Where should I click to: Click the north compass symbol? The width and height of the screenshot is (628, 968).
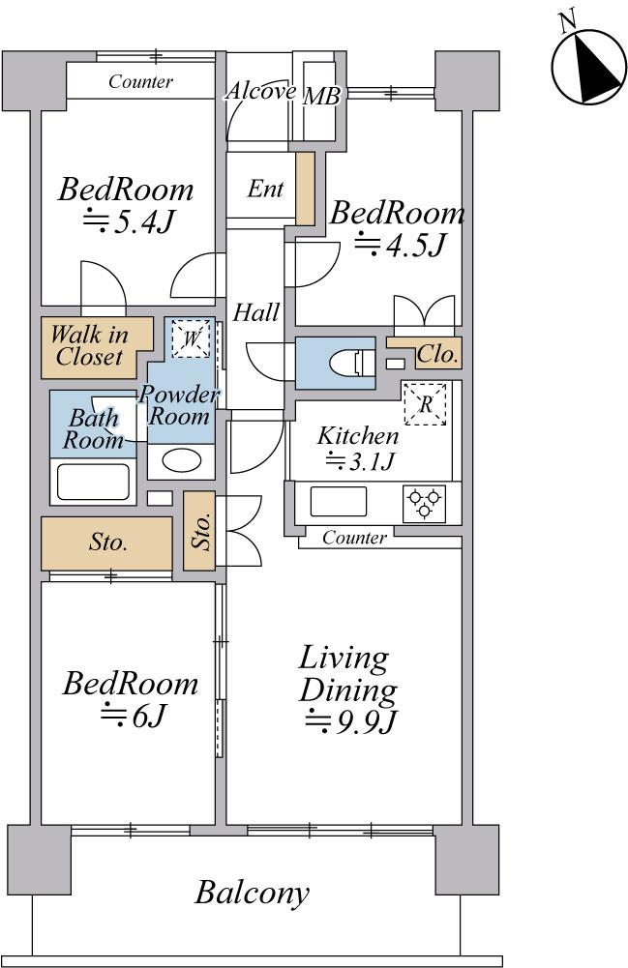[587, 66]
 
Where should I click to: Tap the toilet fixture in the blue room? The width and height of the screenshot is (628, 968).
[352, 363]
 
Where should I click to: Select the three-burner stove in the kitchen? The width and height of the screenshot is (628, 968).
[424, 504]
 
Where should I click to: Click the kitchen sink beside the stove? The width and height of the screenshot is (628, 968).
[339, 501]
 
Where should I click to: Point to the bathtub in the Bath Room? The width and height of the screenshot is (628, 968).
[93, 482]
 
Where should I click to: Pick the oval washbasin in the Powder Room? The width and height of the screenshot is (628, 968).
[181, 460]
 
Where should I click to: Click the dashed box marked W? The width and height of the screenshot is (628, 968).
[192, 338]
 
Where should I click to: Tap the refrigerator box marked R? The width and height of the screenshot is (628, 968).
[425, 404]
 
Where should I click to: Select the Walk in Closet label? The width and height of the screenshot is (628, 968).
[90, 346]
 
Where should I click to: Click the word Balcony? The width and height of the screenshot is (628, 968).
[252, 893]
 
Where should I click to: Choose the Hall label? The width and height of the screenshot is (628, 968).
[255, 312]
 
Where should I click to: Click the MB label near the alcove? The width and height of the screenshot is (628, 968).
[321, 97]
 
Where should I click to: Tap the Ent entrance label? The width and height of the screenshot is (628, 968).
[265, 189]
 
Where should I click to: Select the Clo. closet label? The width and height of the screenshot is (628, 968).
[437, 354]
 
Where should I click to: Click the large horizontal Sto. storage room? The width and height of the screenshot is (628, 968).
[106, 543]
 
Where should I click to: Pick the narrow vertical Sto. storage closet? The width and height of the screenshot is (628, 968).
[199, 531]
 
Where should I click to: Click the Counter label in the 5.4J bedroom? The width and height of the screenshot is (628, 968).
[140, 81]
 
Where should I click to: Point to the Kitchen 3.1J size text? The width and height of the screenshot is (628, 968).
[361, 461]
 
